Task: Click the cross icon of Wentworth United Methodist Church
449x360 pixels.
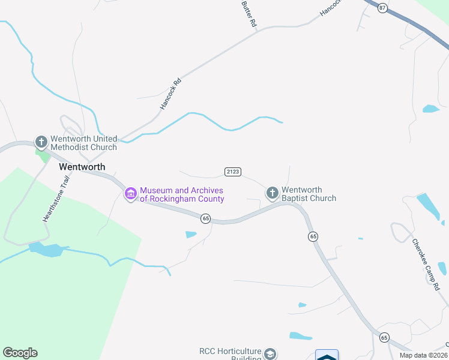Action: pos(41,142)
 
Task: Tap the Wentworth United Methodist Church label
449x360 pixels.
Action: pos(83,143)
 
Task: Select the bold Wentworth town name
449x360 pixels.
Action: pos(82,167)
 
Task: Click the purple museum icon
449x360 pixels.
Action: pos(130,194)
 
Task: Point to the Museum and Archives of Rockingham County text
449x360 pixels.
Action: pos(182,194)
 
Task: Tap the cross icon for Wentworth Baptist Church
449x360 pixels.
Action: pos(272,193)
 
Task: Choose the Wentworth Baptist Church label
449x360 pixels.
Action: pos(309,194)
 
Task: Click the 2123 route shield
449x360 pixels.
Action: pos(233,172)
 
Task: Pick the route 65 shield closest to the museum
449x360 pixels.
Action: pos(206,219)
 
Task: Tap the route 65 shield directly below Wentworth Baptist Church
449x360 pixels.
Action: pos(313,237)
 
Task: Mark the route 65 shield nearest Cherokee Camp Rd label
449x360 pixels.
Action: pos(385,338)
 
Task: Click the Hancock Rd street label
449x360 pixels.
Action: pos(170,93)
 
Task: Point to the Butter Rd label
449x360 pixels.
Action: pos(249,13)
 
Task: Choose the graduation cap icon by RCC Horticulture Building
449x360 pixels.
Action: pos(271,353)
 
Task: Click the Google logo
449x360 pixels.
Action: pos(20,353)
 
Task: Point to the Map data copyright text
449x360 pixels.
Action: pos(423,355)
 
